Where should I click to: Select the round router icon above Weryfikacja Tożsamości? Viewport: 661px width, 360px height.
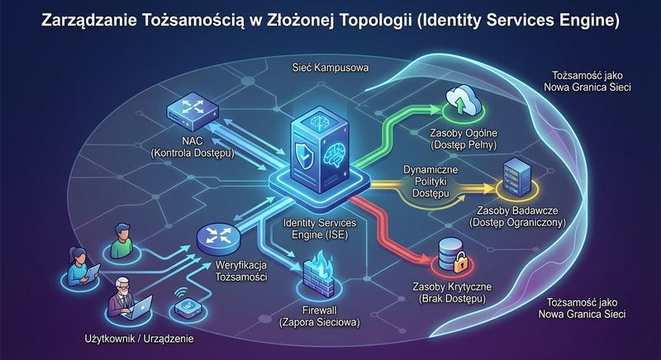[x=219, y=239]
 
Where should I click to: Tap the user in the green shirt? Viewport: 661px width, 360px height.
[x=121, y=240]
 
